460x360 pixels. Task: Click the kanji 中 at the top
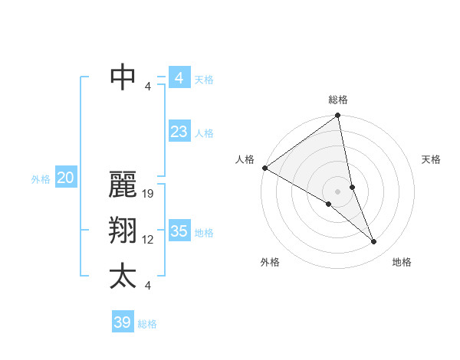tap(123, 77)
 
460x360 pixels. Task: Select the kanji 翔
tap(123, 231)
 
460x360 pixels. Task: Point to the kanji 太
tap(123, 277)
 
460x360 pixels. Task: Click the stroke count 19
tap(149, 194)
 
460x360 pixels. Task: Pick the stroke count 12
tap(149, 240)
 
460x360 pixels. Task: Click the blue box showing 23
tap(179, 132)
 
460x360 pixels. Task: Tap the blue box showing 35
tap(179, 231)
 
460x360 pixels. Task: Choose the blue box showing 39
tap(123, 322)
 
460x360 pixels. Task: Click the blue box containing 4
tap(179, 77)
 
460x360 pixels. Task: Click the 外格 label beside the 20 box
tap(41, 179)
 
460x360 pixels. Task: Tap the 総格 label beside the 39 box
tap(147, 324)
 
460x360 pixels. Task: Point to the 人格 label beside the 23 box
tap(204, 133)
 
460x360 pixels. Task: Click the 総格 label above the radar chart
tap(338, 100)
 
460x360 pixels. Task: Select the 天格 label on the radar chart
tap(432, 159)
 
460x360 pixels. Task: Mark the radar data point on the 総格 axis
tap(338, 116)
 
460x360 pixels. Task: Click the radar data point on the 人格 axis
tap(264, 167)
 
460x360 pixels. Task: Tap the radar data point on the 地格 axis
tap(374, 242)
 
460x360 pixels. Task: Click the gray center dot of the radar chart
tap(338, 191)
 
